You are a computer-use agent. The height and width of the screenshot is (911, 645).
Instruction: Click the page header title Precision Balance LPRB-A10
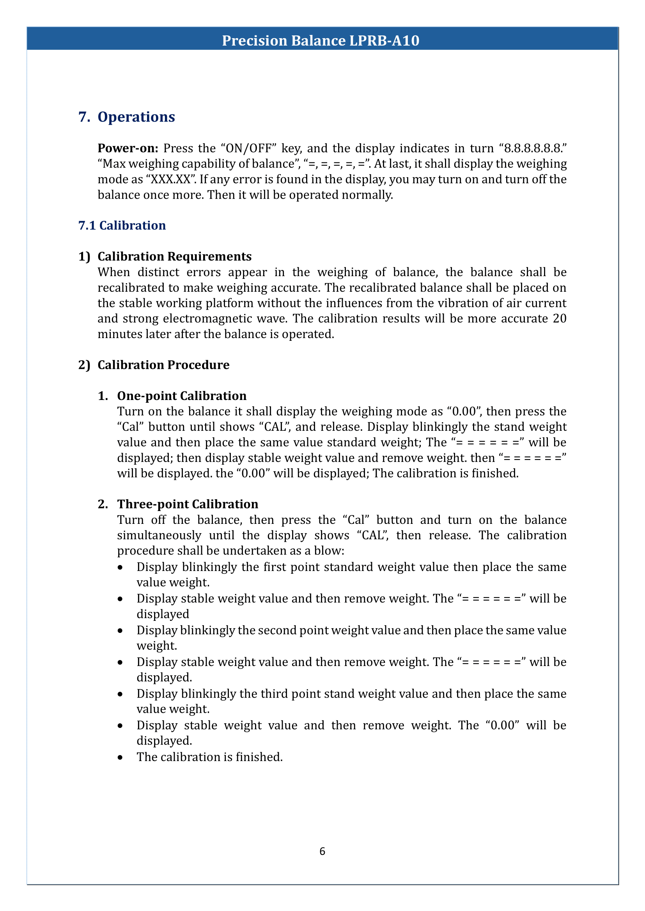(x=321, y=41)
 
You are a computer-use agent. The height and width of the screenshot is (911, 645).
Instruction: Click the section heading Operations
(x=136, y=117)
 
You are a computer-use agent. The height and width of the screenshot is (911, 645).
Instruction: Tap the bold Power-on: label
(x=128, y=148)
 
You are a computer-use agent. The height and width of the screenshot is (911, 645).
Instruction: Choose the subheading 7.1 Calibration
(x=122, y=226)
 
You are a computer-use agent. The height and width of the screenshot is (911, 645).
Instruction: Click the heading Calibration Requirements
(x=174, y=257)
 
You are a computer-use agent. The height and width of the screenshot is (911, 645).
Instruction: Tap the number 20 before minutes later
(x=559, y=319)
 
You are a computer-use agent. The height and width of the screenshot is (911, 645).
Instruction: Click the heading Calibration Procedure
(x=163, y=365)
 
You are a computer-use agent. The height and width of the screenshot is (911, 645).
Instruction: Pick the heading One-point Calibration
(x=181, y=396)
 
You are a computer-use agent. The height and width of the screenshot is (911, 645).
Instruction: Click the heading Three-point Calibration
(x=188, y=504)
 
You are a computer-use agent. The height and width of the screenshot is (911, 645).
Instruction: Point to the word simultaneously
(x=159, y=535)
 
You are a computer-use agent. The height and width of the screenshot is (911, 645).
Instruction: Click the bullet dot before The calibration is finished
(x=120, y=758)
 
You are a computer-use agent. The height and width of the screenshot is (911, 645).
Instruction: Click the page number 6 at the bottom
(x=322, y=851)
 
